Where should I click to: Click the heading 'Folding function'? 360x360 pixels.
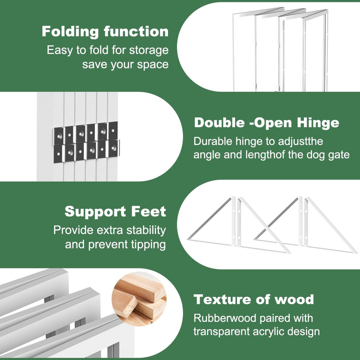point(105,31)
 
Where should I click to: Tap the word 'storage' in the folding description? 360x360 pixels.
point(149,50)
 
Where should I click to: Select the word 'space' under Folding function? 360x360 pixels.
point(153,65)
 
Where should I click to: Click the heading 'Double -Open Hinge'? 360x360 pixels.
point(267,123)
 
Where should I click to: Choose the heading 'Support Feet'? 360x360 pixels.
point(115,211)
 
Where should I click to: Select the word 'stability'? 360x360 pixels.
point(146,230)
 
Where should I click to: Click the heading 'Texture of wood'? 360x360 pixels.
point(254,299)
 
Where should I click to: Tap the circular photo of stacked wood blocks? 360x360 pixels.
point(139,299)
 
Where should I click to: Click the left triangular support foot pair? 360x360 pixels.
point(239,225)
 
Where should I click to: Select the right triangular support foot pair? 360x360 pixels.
point(306,225)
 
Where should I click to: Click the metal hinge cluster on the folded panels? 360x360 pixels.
point(87,142)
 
